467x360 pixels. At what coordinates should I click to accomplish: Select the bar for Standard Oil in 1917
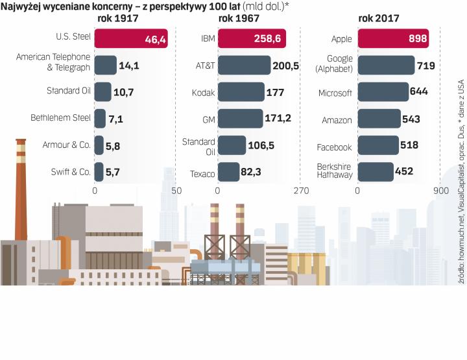tap(102, 92)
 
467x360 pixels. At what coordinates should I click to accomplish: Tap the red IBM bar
tap(252, 39)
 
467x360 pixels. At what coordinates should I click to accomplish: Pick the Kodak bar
tap(241, 92)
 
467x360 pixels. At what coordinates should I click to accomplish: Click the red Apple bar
tap(393, 39)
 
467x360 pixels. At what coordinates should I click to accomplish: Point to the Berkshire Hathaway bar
tap(376, 172)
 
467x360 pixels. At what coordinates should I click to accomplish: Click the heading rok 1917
tap(117, 18)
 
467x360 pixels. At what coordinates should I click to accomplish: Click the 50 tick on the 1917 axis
tap(176, 191)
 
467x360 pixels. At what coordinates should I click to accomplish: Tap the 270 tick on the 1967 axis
tap(300, 191)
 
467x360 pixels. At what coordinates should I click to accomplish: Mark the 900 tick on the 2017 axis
tap(440, 191)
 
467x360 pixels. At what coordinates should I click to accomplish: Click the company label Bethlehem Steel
tap(60, 118)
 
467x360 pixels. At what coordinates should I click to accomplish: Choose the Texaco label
tap(202, 173)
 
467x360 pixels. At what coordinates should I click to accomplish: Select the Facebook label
tap(334, 147)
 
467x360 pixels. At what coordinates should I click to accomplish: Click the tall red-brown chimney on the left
tap(21, 195)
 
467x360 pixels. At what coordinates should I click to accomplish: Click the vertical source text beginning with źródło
tap(461, 182)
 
